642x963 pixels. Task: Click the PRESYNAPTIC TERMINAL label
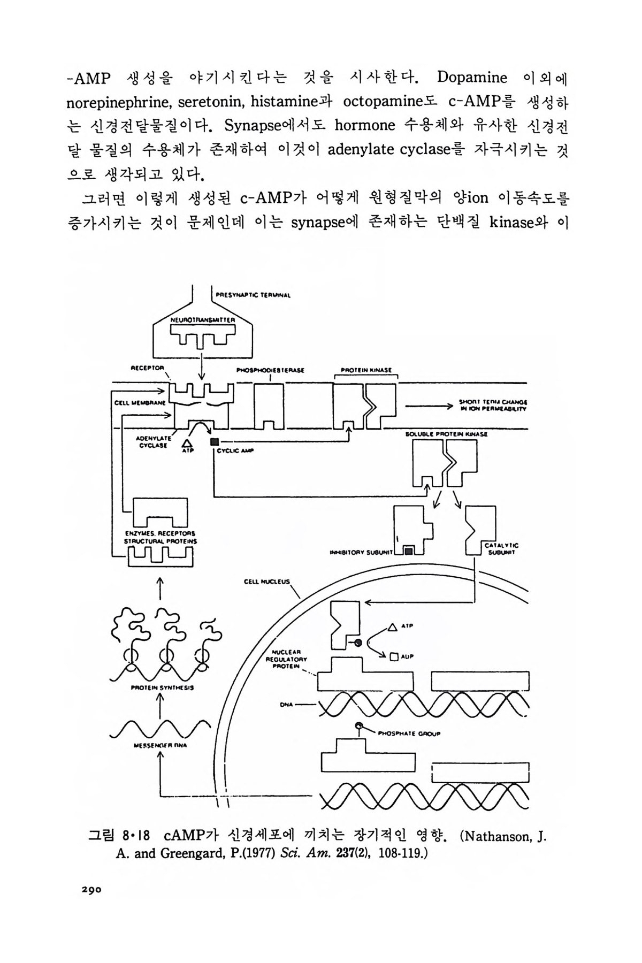tap(253, 294)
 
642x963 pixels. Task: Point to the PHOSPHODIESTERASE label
tap(270, 370)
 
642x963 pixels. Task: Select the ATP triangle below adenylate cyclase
tap(187, 443)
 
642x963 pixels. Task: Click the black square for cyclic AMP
tap(215, 441)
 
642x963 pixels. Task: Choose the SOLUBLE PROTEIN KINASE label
tap(447, 434)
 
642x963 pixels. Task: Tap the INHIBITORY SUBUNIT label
tap(362, 552)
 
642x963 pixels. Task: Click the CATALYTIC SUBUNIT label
tap(501, 549)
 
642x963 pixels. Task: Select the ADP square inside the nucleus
tap(394, 656)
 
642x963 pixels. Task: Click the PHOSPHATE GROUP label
tap(409, 733)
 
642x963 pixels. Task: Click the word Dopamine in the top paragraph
tap(472, 78)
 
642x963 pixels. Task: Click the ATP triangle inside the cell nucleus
tap(392, 626)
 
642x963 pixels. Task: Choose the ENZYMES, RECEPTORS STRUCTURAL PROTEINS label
tap(160, 537)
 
